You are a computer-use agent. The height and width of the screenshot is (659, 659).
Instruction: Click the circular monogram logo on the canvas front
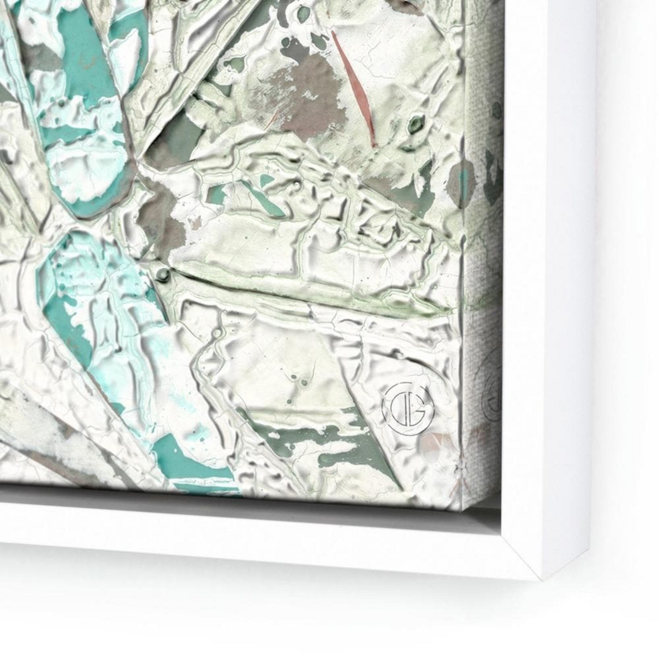click(407, 407)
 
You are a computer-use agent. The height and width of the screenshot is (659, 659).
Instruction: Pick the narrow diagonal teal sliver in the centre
click(262, 198)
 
